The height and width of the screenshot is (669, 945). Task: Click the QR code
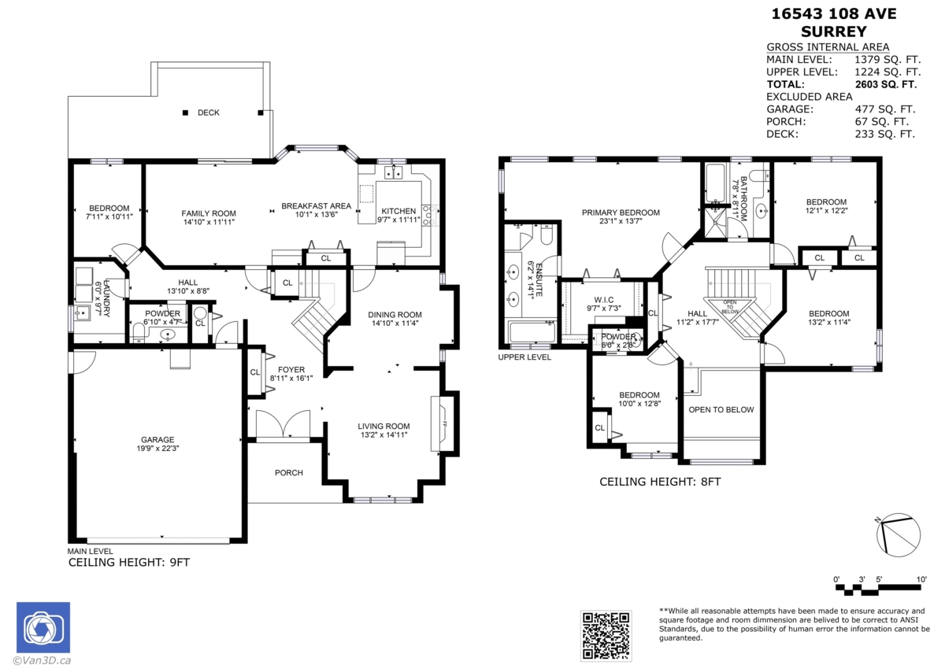click(x=606, y=635)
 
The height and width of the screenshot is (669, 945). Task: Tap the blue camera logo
click(x=43, y=627)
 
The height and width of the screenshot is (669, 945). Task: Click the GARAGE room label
click(x=157, y=439)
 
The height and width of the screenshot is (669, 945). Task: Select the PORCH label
click(x=288, y=472)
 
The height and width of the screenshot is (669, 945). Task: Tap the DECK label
click(x=209, y=113)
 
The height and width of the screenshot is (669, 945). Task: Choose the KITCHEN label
click(x=398, y=211)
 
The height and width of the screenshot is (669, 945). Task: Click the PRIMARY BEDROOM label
click(x=621, y=213)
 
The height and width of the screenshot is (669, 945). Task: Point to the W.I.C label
click(x=604, y=300)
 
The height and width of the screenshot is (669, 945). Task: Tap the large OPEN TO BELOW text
click(x=721, y=409)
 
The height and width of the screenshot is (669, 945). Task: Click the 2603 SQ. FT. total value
click(x=886, y=84)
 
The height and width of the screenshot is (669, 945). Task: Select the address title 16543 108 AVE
click(x=834, y=14)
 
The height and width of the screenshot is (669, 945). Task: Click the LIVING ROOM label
click(x=384, y=426)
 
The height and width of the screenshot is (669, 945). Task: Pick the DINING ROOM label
click(x=395, y=315)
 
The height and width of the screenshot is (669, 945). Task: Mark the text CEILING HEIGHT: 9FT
click(x=129, y=562)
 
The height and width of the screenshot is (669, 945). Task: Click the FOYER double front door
click(x=283, y=425)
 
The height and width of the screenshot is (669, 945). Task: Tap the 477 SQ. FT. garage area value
click(x=885, y=109)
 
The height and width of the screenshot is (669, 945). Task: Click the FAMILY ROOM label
click(x=209, y=213)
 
